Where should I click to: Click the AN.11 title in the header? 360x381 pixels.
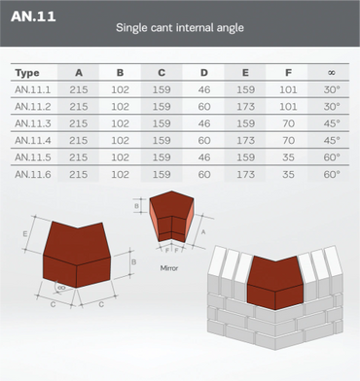click(x=33, y=17)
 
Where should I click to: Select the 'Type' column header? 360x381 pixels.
click(x=27, y=73)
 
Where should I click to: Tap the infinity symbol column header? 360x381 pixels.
click(x=332, y=73)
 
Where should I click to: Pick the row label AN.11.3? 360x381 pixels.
click(x=33, y=123)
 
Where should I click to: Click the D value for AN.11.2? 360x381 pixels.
click(x=204, y=107)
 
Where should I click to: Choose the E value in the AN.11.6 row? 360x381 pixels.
click(x=245, y=174)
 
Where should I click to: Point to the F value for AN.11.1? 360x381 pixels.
click(x=288, y=89)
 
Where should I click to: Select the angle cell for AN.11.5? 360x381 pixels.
click(x=332, y=157)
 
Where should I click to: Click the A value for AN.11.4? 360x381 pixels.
click(x=79, y=141)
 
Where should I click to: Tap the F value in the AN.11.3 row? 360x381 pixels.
click(x=288, y=123)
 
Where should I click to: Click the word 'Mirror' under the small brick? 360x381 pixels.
click(x=169, y=268)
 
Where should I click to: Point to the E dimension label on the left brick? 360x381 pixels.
click(x=25, y=234)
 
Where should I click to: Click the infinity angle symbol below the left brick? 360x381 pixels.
click(x=61, y=287)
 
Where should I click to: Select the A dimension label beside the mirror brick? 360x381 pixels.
click(x=203, y=232)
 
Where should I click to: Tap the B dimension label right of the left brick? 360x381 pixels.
click(x=133, y=261)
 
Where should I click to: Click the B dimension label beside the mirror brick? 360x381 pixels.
click(x=136, y=206)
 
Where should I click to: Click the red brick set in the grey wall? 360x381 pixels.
click(x=275, y=283)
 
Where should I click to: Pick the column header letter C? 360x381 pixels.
click(x=162, y=73)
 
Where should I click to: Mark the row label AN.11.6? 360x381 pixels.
click(x=33, y=174)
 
